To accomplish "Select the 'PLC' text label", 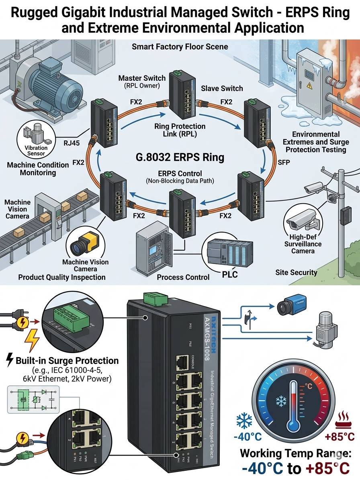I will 230,275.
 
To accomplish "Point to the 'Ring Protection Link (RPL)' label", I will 180,130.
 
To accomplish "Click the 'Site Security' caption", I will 296,273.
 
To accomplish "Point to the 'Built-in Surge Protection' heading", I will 67,360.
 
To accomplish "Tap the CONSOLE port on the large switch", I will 183,363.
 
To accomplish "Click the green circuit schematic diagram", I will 33,400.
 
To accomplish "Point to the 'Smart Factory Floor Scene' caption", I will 180,47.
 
